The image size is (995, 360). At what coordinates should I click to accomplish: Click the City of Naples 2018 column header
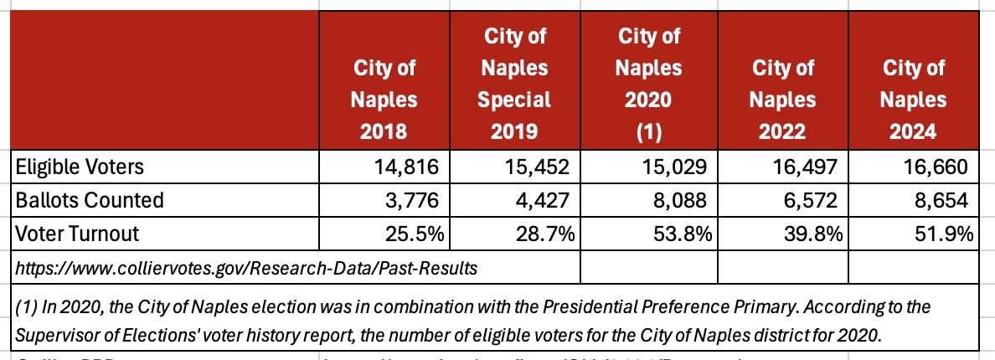point(383,100)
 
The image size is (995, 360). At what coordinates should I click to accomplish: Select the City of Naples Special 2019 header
point(513,83)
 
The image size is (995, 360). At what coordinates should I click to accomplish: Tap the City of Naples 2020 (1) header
point(648,83)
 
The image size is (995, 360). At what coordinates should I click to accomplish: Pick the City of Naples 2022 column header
point(782,100)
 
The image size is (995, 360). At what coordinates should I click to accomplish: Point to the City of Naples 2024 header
point(914,100)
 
